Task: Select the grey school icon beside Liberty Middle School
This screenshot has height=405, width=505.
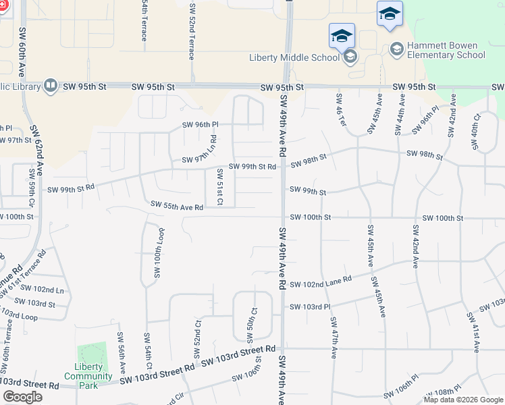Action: (350, 57)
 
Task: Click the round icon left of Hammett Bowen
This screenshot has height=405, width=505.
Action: (396, 49)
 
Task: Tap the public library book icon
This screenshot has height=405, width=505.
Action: (51, 86)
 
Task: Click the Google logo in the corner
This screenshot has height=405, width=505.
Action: (22, 397)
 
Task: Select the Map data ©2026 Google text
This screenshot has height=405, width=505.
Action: (463, 400)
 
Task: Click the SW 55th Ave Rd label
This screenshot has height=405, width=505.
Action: (177, 205)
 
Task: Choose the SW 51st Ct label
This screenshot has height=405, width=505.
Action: (219, 186)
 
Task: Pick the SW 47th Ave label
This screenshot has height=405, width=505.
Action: (334, 344)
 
